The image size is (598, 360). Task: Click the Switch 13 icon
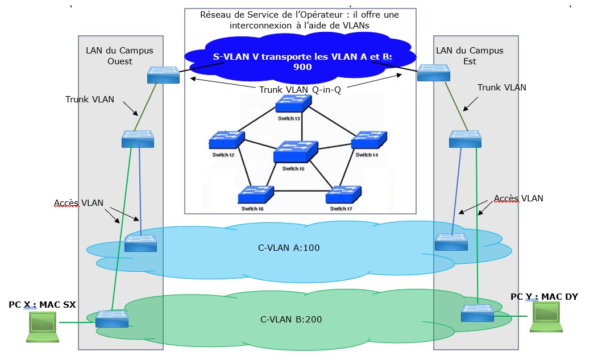293,104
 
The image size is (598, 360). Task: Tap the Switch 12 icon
226,140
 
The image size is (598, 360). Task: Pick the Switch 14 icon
369,140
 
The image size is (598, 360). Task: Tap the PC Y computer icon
545,316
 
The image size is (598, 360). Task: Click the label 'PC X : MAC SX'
42,305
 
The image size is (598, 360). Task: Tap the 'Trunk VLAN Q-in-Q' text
300,90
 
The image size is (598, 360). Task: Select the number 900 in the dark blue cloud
302,67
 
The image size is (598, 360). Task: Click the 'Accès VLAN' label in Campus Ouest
78,203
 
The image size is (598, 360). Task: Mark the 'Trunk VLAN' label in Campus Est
501,88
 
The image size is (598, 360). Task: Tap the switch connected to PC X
112,319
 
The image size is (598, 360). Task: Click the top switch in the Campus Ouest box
163,75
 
